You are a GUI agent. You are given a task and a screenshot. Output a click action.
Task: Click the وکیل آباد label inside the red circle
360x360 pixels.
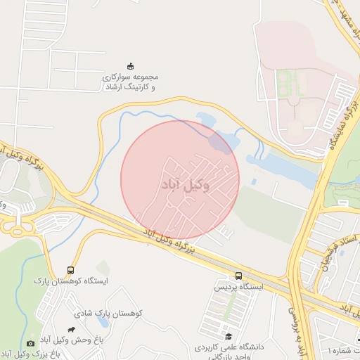coord(180,184)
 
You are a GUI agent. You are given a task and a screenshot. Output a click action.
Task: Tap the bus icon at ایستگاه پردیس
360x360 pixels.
coord(239,276)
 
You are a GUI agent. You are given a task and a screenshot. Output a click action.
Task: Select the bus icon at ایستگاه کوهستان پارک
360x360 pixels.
coord(70,270)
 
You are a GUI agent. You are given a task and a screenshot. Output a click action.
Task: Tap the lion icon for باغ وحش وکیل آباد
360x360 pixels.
coord(72,328)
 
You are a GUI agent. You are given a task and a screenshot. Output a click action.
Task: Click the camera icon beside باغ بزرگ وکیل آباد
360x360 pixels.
coord(30,342)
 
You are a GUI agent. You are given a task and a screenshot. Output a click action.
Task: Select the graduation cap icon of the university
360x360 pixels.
coord(227,336)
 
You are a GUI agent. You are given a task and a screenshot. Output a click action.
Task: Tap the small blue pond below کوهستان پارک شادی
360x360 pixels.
coord(104,323)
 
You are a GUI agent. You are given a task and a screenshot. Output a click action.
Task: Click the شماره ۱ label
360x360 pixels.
coord(342,349)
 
